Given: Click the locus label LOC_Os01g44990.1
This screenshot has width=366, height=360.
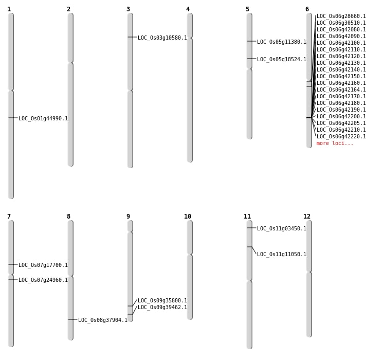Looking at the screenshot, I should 43,118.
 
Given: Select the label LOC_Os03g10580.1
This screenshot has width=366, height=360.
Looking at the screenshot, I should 162,38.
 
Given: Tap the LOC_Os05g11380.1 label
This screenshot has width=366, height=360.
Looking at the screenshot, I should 282,42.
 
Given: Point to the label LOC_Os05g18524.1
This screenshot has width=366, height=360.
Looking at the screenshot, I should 282,59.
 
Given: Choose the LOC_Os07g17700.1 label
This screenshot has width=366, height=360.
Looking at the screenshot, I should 43,265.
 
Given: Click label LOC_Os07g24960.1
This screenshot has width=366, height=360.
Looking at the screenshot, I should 43,280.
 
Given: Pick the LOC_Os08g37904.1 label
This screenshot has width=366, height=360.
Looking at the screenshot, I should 103,320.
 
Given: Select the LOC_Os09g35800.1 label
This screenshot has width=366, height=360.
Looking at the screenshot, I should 162,300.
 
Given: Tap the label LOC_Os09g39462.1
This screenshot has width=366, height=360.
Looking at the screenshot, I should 162,307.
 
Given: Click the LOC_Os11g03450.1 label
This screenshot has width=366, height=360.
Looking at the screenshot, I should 282,228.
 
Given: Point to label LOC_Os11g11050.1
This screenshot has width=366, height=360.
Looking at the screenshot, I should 282,254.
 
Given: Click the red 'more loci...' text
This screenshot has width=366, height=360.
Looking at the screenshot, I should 335,143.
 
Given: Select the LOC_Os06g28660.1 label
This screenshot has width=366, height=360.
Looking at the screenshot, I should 341,16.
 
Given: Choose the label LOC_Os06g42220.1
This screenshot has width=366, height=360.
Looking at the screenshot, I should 341,136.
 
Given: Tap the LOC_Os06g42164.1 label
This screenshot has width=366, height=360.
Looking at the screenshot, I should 341,89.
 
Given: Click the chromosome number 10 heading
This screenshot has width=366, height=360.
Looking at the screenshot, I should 188,217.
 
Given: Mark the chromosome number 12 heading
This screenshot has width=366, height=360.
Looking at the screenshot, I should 307,217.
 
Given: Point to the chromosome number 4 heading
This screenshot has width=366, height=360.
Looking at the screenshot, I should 188,9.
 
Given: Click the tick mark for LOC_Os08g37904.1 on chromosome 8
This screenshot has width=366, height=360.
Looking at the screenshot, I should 70,319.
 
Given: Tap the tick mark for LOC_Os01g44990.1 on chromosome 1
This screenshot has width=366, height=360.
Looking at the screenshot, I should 11,118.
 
